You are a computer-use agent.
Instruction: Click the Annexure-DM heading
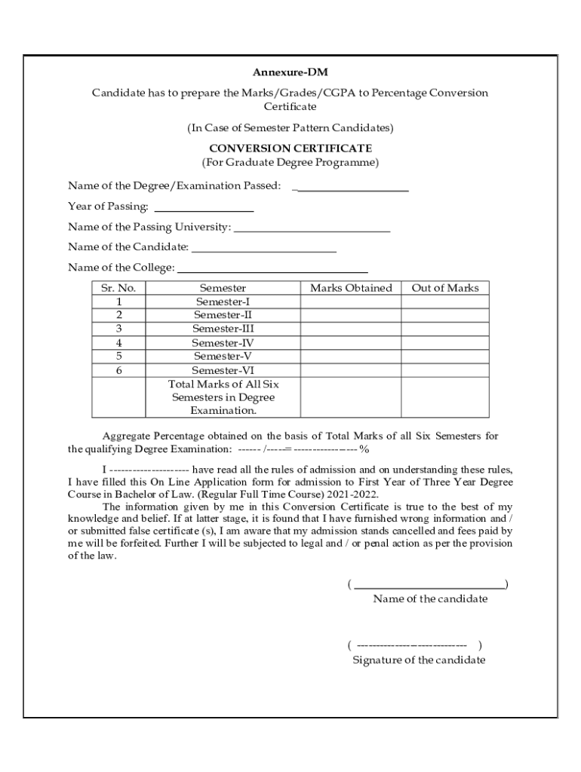click(290, 73)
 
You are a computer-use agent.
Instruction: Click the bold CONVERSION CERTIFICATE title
click(290, 149)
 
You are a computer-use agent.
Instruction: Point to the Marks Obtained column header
click(351, 288)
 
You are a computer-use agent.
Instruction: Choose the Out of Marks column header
click(444, 288)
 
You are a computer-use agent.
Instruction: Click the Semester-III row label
click(223, 329)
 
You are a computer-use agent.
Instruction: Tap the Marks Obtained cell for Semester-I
click(351, 302)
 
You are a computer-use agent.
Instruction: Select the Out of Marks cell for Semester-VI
click(444, 370)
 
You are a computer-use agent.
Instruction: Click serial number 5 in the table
click(118, 356)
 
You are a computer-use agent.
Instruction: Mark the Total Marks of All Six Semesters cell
click(223, 397)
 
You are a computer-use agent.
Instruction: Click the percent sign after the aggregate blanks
click(364, 449)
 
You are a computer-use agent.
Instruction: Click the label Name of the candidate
click(430, 599)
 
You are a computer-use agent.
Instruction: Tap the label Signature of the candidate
click(419, 660)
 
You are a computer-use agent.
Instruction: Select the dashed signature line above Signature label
click(412, 645)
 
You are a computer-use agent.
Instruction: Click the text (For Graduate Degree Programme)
click(290, 163)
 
